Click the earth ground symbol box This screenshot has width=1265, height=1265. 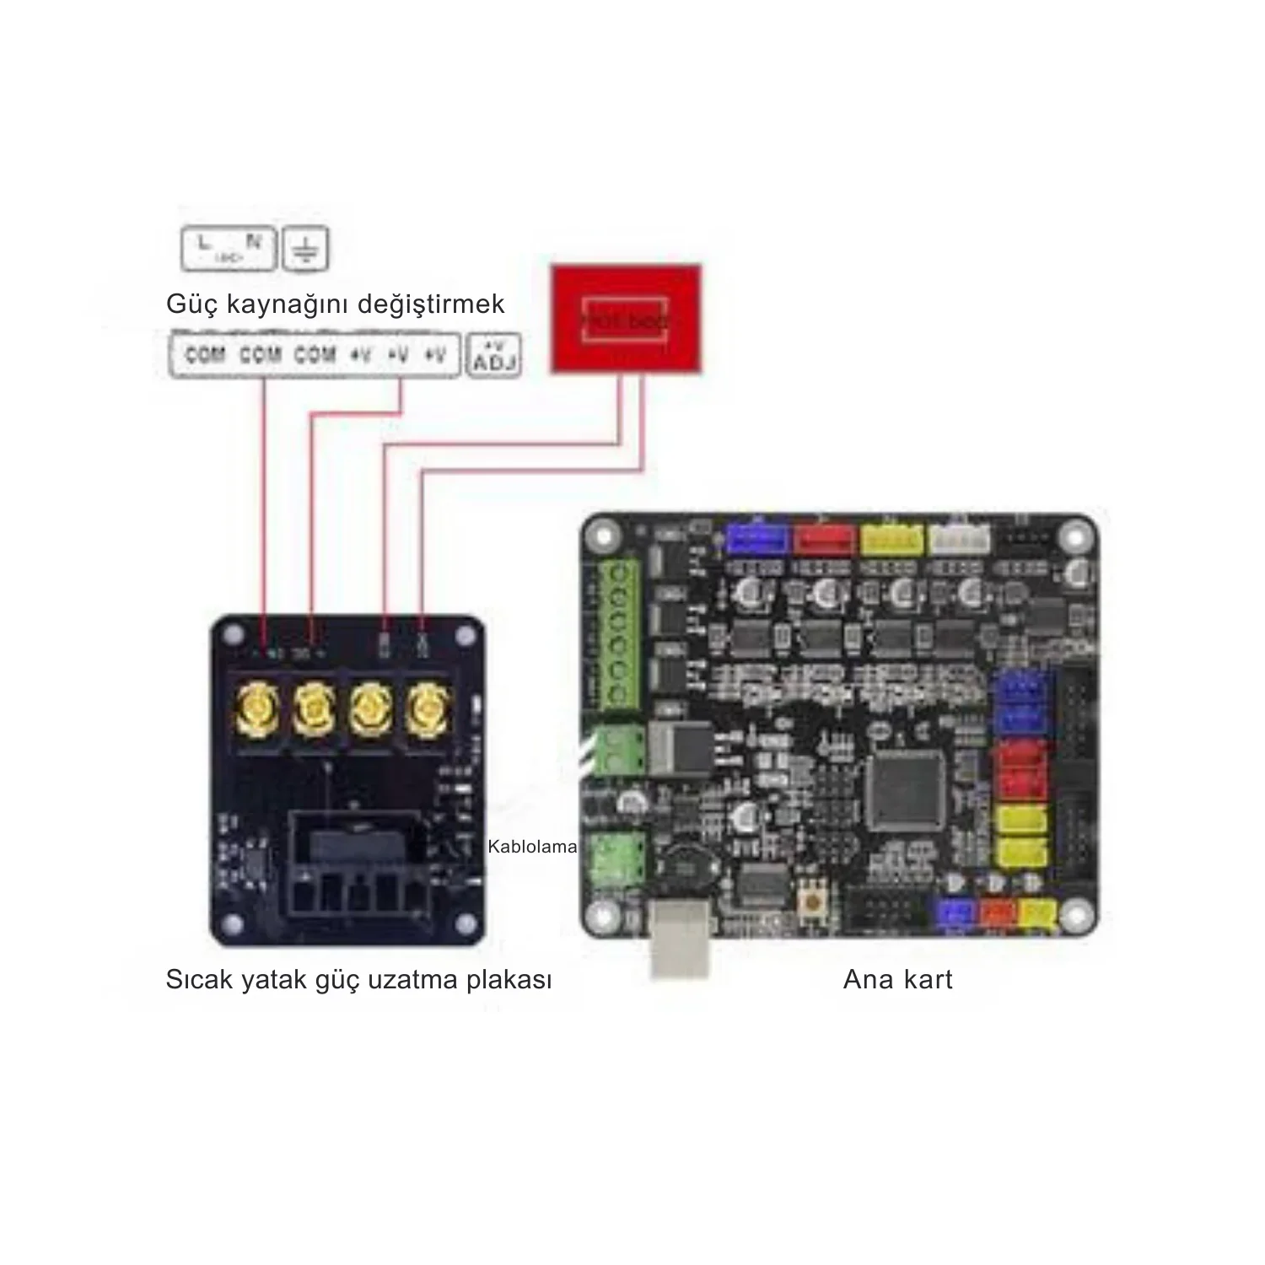pos(305,249)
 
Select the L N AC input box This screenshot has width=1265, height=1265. pos(229,249)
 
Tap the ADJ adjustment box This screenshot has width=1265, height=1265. pos(493,356)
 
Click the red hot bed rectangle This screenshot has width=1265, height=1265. pos(625,319)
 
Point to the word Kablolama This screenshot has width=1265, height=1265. pos(532,847)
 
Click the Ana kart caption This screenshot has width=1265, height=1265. pos(897,979)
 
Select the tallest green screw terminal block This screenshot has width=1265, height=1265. pos(619,634)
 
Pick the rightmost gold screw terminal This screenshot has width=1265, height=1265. pos(427,708)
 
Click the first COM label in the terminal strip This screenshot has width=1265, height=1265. pos(204,355)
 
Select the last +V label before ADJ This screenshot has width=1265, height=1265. pos(434,355)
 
